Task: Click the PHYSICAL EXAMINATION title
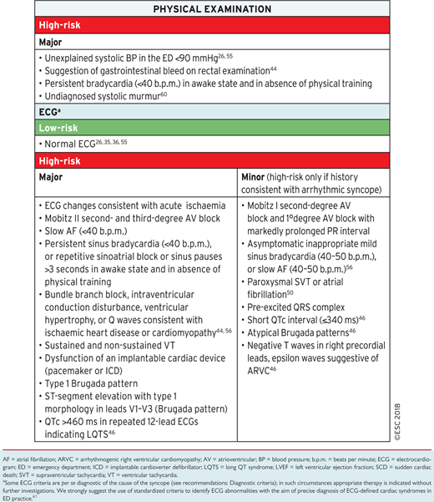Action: (217, 9)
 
